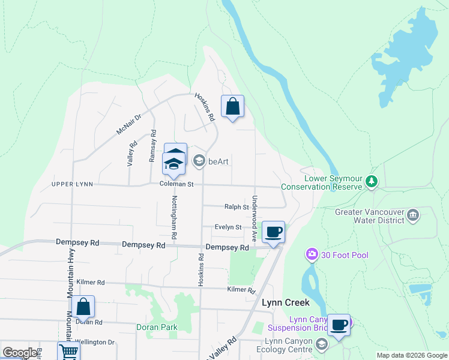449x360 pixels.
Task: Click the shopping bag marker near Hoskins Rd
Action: tap(233, 107)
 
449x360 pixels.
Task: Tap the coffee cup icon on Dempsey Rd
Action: tap(273, 232)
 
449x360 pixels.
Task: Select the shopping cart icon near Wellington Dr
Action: tap(69, 352)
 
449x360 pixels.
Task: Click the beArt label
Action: tap(218, 161)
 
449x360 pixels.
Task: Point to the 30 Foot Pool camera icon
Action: tap(312, 255)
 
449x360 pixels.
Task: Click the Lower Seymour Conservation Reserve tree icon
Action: tap(372, 181)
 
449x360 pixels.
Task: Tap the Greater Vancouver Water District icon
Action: tap(412, 215)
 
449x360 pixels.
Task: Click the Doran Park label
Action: tap(156, 327)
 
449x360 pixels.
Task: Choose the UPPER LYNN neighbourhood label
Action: tap(72, 184)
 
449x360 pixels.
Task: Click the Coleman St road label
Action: tap(176, 184)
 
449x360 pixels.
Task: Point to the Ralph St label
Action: tap(237, 207)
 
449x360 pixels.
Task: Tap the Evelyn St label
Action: tap(229, 227)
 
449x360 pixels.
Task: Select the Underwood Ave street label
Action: tap(255, 218)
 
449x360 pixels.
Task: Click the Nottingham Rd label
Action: tap(175, 218)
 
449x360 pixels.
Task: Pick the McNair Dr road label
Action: tap(128, 125)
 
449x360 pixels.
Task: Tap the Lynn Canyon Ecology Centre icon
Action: tap(322, 343)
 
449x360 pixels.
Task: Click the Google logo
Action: tap(20, 353)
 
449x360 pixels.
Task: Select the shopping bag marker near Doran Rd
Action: tap(83, 307)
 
